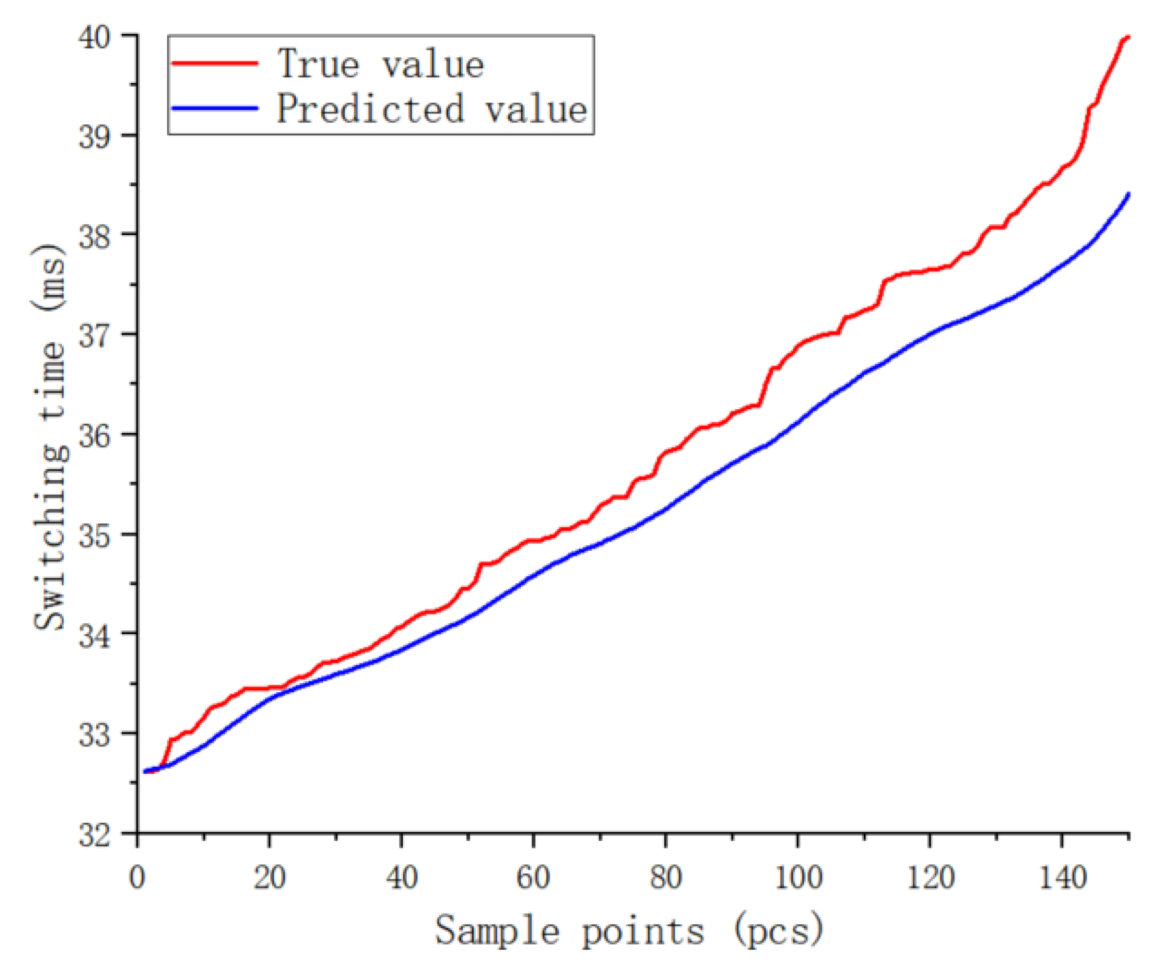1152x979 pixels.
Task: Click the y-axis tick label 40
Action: click(x=94, y=38)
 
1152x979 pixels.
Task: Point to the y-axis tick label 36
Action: click(x=94, y=436)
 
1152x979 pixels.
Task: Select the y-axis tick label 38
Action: click(x=94, y=236)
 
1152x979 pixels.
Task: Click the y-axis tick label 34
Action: click(x=94, y=635)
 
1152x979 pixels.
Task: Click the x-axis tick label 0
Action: click(x=137, y=878)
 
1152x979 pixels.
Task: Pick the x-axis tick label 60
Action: click(x=533, y=878)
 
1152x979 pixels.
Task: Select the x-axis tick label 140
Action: click(x=1062, y=878)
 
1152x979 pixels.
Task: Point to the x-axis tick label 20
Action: click(x=269, y=878)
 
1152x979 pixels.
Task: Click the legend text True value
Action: click(x=381, y=64)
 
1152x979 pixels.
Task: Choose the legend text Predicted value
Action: click(x=431, y=108)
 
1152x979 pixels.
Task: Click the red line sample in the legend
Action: click(x=215, y=62)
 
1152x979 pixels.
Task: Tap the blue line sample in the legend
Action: click(x=215, y=108)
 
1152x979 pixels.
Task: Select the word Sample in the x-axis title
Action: click(x=497, y=932)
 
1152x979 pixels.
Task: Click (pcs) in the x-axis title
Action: click(x=778, y=932)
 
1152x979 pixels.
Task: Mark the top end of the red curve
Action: click(x=1128, y=38)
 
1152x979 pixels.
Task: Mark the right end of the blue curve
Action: click(x=1128, y=194)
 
